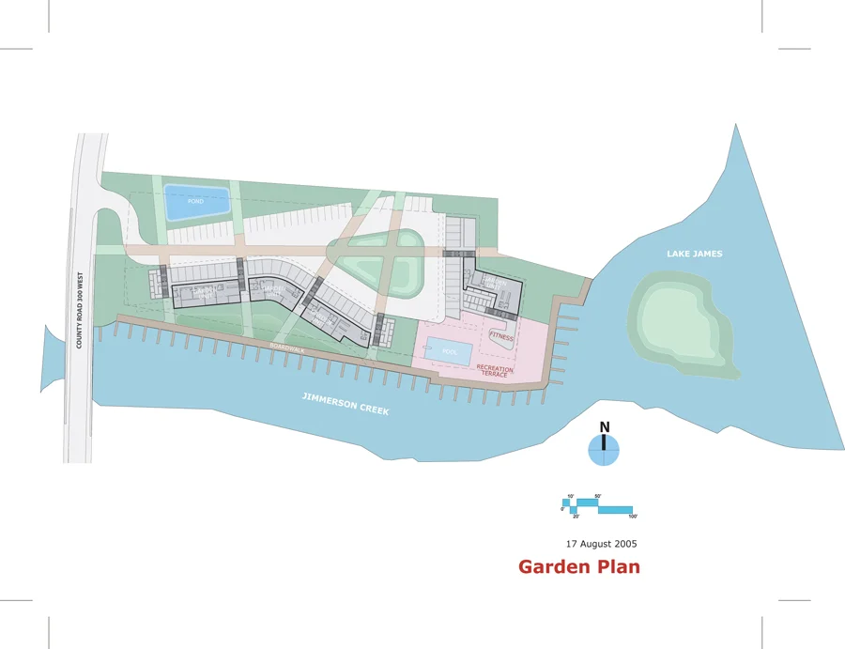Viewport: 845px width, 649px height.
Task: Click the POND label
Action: (195, 202)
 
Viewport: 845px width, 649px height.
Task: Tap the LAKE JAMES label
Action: (694, 254)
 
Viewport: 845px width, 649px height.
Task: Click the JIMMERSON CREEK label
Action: (346, 405)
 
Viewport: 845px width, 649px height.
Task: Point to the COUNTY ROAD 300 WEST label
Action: (81, 311)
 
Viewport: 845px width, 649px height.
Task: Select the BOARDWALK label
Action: (287, 348)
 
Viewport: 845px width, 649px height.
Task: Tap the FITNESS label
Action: (501, 335)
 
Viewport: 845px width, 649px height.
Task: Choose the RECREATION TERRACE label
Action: (494, 371)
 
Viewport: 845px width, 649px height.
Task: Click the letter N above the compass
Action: (605, 427)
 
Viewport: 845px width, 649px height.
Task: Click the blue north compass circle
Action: (604, 451)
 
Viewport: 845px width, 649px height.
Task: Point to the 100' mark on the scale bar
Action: (633, 517)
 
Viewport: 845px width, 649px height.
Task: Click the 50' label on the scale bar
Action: (598, 496)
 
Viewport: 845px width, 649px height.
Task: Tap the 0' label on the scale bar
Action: (562, 508)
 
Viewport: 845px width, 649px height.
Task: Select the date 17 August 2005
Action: (601, 544)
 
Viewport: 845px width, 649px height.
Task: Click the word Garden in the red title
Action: (555, 566)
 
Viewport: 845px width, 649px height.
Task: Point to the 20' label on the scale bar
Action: (576, 517)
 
